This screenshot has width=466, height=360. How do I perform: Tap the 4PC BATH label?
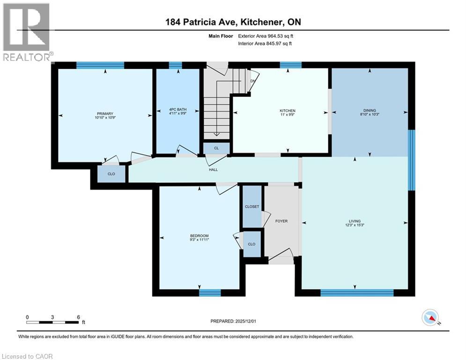(x=178, y=111)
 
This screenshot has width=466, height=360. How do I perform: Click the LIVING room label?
(x=355, y=221)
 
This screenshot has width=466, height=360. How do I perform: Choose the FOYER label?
(x=281, y=221)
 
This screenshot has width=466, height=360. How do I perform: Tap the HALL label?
(x=214, y=170)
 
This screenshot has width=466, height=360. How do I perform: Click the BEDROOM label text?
(x=199, y=235)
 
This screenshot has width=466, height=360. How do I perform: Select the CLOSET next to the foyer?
(x=252, y=206)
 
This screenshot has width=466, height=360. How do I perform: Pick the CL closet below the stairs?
(x=216, y=148)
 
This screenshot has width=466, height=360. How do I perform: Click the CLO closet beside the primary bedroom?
(x=111, y=174)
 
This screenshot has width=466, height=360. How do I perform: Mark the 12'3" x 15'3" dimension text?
(x=355, y=226)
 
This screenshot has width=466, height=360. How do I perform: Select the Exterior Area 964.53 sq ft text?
(x=266, y=36)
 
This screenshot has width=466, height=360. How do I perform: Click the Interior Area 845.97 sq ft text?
(x=265, y=44)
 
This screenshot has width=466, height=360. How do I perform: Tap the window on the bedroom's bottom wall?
(x=210, y=293)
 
